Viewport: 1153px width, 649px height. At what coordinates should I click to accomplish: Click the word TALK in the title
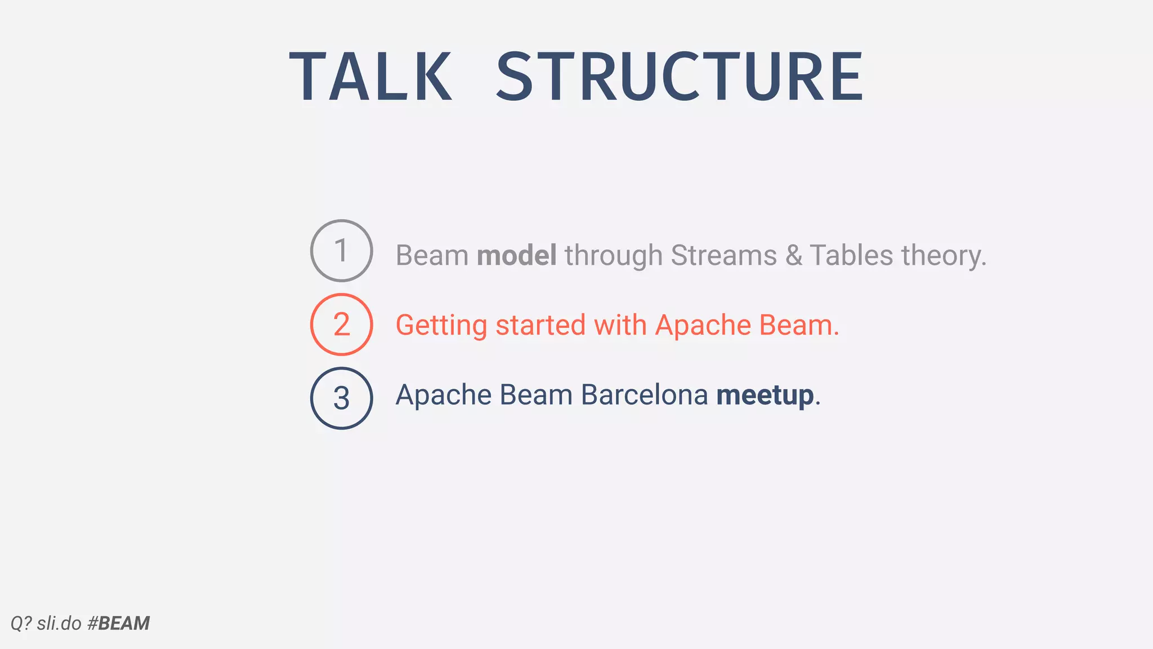tap(370, 77)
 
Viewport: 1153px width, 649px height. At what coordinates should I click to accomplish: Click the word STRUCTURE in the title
tap(679, 77)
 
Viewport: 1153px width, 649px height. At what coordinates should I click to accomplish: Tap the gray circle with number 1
tap(341, 251)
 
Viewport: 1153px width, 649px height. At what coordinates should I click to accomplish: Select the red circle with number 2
tap(341, 324)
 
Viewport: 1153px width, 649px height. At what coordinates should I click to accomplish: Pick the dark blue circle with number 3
tap(341, 398)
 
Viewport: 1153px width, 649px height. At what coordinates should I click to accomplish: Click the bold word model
tap(516, 255)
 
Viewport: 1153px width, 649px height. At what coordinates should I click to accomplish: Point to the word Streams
tap(723, 255)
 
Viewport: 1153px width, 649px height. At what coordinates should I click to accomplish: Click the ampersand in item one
tap(793, 255)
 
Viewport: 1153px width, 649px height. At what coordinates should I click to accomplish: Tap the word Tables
tap(851, 255)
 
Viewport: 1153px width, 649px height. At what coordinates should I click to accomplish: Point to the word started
tap(540, 325)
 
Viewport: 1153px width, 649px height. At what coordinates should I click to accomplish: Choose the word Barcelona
tap(644, 394)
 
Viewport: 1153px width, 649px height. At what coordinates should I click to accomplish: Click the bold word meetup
tap(765, 395)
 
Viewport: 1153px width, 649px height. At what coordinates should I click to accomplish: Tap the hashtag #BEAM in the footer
tap(119, 623)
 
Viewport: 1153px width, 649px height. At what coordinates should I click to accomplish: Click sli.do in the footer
tap(59, 623)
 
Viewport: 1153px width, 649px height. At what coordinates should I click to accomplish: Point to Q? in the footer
tap(21, 623)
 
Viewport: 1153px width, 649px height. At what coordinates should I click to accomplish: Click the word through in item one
tap(613, 256)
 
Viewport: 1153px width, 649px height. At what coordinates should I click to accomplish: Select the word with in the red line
tap(620, 325)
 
